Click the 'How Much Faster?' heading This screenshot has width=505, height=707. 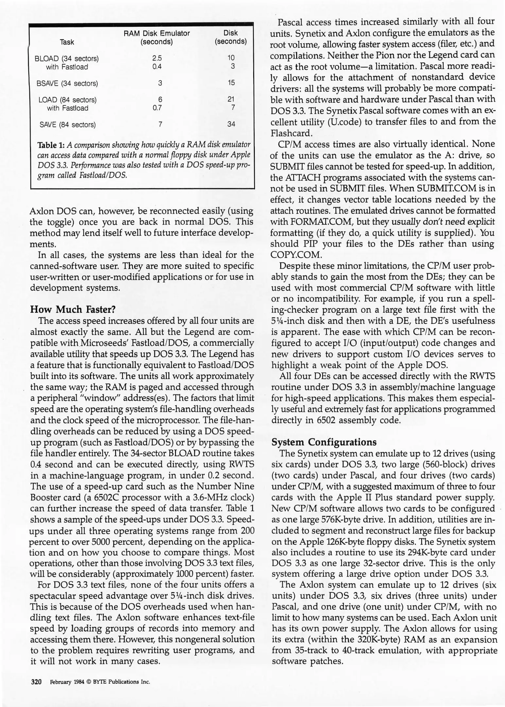point(73,309)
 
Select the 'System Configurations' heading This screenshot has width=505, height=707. point(324,442)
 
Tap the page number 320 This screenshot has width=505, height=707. point(36,682)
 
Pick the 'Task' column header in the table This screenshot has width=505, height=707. point(67,42)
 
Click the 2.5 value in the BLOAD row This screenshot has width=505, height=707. point(157,58)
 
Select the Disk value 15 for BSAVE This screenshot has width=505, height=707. point(231,83)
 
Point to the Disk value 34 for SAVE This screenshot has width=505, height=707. point(231,124)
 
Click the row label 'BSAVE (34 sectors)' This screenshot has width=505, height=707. point(67,83)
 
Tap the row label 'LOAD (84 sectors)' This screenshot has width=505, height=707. point(67,100)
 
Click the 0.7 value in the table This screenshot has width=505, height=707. point(157,108)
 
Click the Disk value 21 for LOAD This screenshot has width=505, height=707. point(231,99)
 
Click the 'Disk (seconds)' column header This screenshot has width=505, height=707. point(231,37)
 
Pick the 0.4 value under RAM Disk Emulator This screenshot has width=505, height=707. point(157,66)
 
